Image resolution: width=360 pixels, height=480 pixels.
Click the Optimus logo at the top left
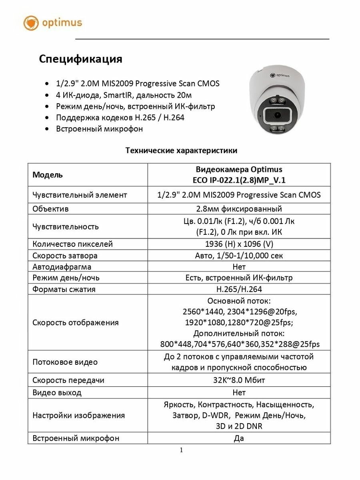(x=52, y=23)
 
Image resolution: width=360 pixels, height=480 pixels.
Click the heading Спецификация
(x=80, y=59)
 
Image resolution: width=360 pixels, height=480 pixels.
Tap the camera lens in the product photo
(x=277, y=115)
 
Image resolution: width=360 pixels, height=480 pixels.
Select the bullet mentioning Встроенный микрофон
(x=99, y=129)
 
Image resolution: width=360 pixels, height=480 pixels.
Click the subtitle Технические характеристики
(x=181, y=150)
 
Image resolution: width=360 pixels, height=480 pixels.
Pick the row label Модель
(x=47, y=175)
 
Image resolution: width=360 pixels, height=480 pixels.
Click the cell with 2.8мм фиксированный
(x=239, y=209)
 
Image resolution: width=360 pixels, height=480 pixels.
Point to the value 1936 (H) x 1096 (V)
(x=239, y=244)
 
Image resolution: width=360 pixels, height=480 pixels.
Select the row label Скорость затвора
(x=65, y=256)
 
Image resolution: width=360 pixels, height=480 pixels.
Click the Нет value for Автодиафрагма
(x=239, y=266)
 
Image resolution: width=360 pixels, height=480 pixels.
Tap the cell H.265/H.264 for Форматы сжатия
(x=239, y=289)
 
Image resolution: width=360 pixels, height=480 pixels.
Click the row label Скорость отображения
(x=76, y=322)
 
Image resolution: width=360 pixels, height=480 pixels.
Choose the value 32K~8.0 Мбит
(x=239, y=380)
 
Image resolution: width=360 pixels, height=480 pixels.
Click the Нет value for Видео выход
(x=239, y=392)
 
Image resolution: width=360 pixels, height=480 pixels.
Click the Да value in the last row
(x=239, y=438)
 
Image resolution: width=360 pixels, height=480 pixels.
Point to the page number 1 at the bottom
(x=181, y=450)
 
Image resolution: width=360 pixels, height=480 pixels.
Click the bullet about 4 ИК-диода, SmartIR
(x=124, y=95)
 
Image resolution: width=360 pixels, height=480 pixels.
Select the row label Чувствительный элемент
(x=80, y=195)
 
